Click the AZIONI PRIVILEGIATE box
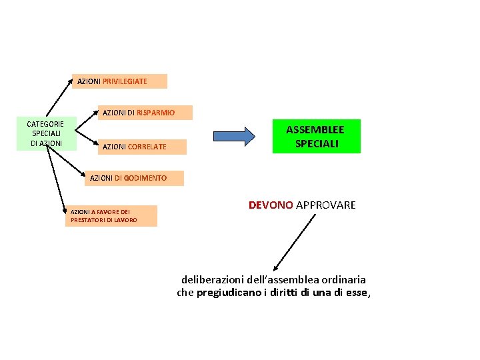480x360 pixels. coord(119,81)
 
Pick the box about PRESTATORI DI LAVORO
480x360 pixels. coord(111,216)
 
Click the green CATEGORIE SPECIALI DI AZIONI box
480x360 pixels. coord(45,134)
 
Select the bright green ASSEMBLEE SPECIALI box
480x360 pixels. coord(316,137)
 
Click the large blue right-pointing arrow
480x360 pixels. coord(234,136)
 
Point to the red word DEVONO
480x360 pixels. coord(271,205)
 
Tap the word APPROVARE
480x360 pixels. coord(325,205)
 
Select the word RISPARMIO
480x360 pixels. coord(156,113)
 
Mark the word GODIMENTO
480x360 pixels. coord(145,178)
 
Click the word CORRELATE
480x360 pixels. coord(147,147)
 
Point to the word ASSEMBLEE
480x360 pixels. coord(315,129)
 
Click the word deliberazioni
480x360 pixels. coord(212,280)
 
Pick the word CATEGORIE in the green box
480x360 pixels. coord(45,124)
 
